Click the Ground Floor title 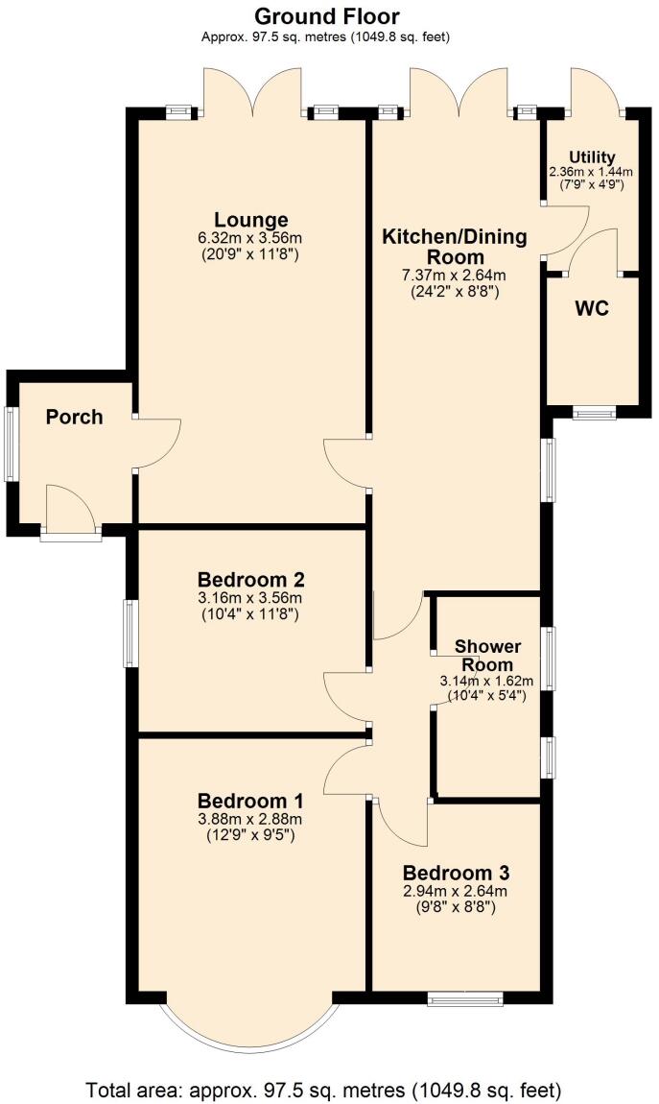327,16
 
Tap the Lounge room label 251,219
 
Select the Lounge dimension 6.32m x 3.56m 251,238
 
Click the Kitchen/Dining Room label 455,247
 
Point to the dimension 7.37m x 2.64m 455,276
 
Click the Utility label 592,157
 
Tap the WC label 592,310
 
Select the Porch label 74,417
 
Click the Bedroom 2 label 250,580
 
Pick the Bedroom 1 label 250,801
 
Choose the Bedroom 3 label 456,873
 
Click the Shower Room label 483,654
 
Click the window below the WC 595,414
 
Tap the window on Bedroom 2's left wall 129,634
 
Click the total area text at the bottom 324,1090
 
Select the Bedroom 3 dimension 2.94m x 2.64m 456,891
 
